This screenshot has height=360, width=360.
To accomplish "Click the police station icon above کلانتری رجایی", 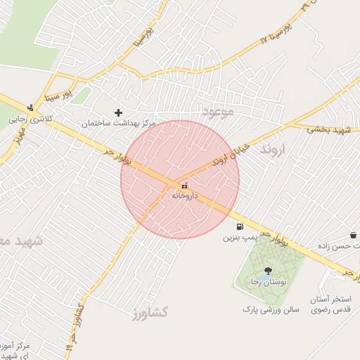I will (x=30, y=108).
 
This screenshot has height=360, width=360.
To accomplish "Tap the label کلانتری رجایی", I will (x=31, y=120).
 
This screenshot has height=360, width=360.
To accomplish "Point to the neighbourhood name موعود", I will (x=216, y=112).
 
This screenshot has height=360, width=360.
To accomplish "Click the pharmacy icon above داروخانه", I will (x=184, y=186).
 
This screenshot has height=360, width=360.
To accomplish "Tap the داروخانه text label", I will (x=185, y=196).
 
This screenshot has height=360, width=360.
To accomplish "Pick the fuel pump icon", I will (x=240, y=226).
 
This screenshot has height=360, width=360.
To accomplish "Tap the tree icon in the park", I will (x=267, y=271).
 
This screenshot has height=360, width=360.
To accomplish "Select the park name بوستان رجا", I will (x=266, y=282).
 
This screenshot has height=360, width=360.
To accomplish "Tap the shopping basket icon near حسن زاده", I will (x=352, y=235).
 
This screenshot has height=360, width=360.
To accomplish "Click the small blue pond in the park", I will (x=258, y=281).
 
